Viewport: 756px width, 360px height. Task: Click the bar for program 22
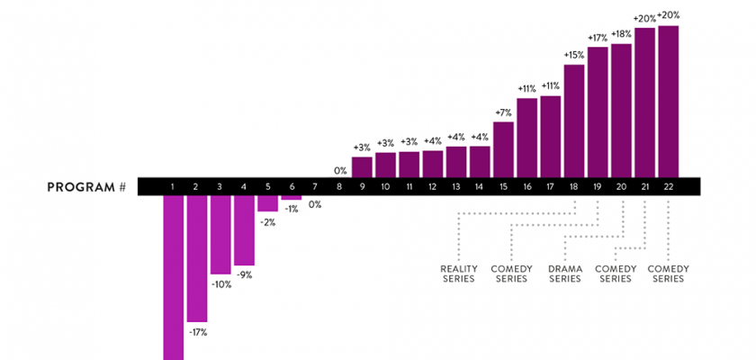pos(669,101)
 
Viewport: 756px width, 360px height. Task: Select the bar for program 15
pos(503,148)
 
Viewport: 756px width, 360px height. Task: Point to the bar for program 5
pos(267,203)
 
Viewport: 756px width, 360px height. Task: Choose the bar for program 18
pos(574,121)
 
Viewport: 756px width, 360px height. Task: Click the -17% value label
pos(198,332)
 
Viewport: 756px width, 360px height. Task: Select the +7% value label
pos(503,112)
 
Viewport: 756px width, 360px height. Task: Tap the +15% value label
pos(574,55)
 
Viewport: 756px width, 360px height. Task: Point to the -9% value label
pos(244,274)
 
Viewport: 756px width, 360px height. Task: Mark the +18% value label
pos(621,34)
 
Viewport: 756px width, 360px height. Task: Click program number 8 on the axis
pos(338,186)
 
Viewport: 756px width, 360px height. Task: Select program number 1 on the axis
pos(173,186)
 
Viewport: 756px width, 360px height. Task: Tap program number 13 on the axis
pos(456,186)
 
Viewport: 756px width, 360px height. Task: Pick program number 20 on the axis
pos(621,186)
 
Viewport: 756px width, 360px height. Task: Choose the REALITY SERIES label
pos(458,274)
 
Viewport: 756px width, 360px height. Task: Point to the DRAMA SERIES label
pos(564,274)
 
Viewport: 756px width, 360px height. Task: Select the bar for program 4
pos(244,230)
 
